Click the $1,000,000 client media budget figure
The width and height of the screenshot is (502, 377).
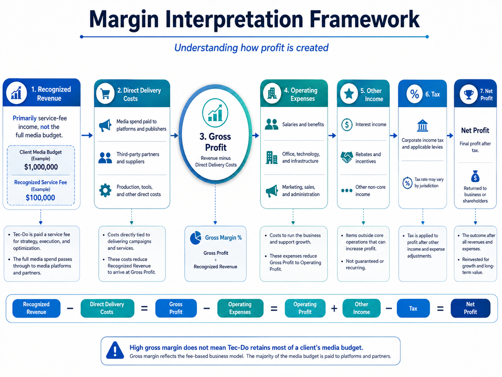41,167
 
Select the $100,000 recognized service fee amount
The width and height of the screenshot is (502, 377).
40,198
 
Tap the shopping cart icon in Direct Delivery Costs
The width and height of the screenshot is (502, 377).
105,93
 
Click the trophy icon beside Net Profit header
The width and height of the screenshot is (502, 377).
468,94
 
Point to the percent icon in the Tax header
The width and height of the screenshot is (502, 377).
415,94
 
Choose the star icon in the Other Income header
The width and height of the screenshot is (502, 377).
349,94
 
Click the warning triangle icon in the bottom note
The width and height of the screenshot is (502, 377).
115,350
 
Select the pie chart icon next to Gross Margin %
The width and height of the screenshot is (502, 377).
196,238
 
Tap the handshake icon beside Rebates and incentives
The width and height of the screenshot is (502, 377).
347,157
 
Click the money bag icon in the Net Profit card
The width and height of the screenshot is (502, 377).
475,176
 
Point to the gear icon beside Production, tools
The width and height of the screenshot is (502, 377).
105,190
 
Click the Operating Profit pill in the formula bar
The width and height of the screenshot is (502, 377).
305,308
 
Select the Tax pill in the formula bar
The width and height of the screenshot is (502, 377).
413,308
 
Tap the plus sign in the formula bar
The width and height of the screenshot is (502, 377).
334,309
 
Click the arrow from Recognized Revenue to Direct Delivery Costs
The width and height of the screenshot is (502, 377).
87,135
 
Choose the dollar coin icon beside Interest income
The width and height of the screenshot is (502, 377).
347,124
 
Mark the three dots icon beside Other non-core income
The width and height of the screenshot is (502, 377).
347,190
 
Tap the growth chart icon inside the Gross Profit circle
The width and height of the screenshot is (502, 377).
215,113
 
